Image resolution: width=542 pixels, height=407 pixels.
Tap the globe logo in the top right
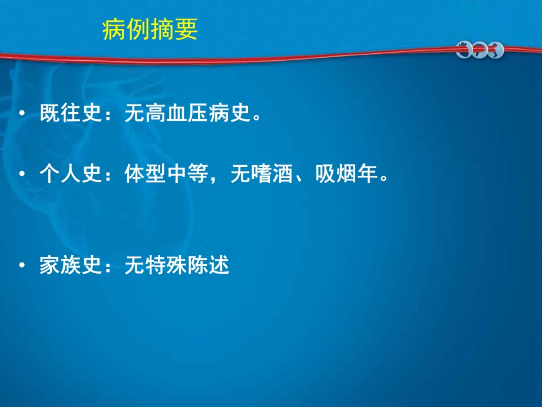[x=480, y=50]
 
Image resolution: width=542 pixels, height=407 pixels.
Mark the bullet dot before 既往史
[x=22, y=114]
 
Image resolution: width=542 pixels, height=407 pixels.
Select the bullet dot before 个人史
[x=22, y=175]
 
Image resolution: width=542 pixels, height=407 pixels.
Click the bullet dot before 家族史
[x=22, y=267]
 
